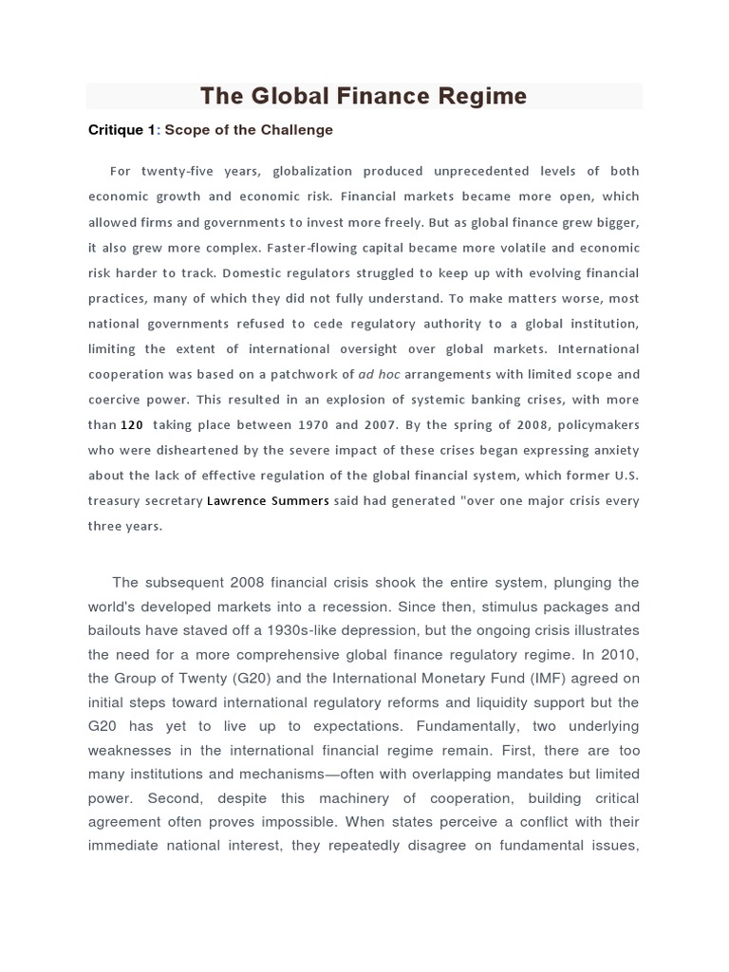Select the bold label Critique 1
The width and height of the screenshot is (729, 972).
tap(121, 130)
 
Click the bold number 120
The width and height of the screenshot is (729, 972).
tap(132, 425)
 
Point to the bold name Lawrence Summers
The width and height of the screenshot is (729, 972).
tap(268, 501)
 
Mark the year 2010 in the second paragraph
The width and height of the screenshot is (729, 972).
tap(619, 654)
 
